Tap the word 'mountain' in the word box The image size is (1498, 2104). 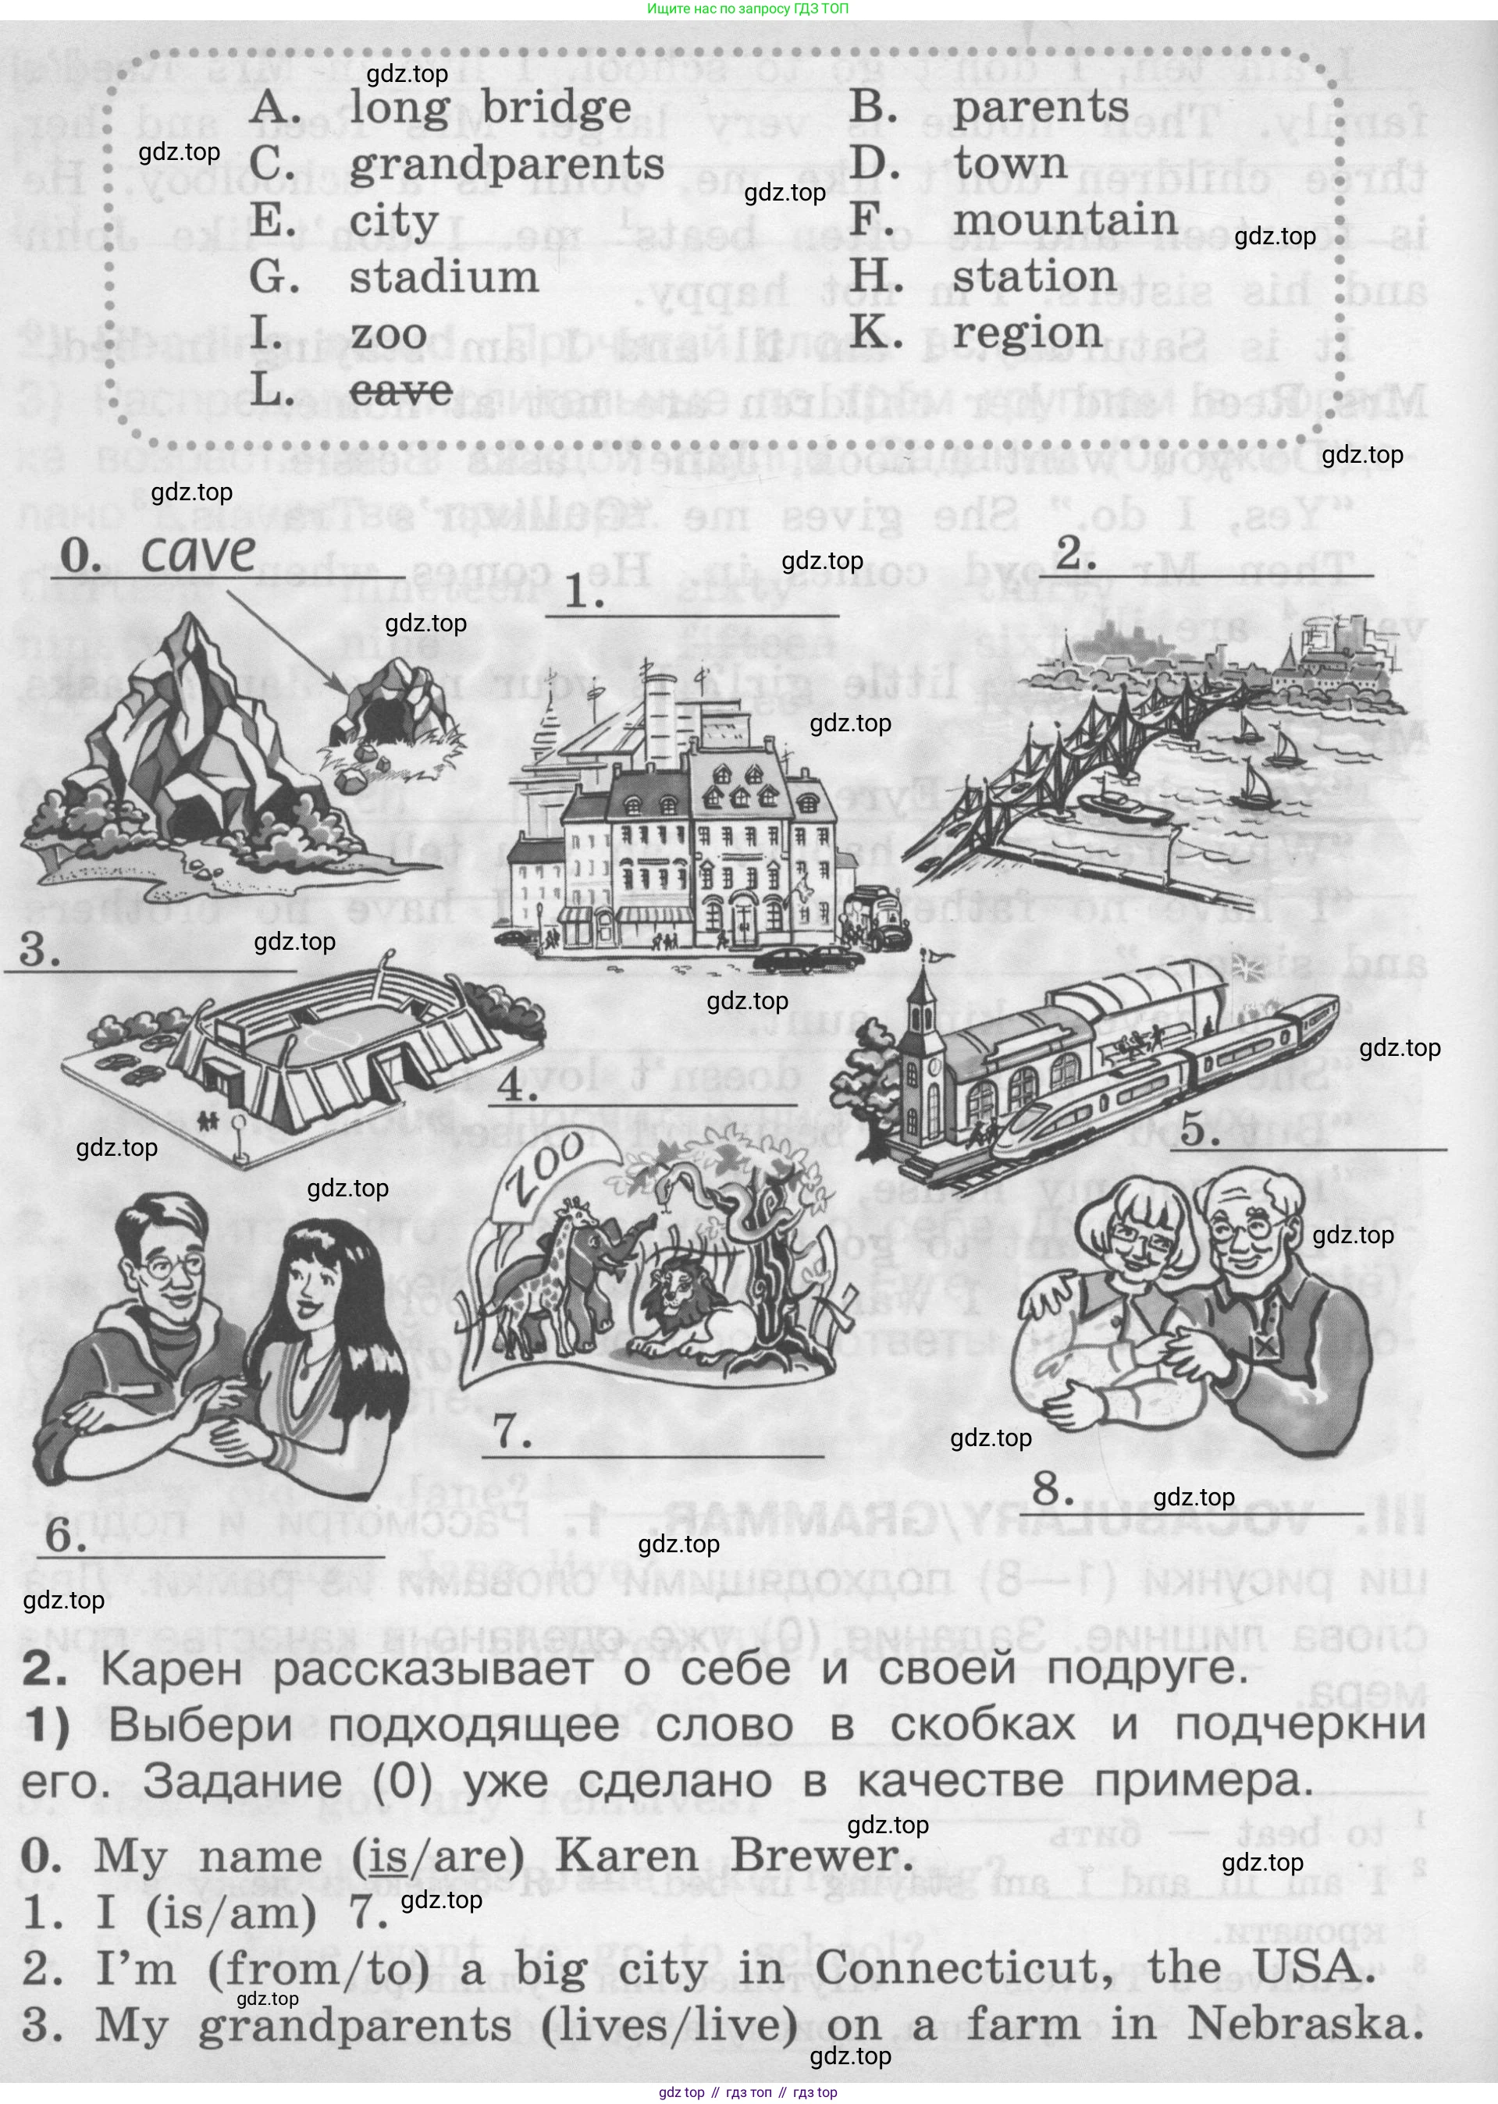coord(1065,220)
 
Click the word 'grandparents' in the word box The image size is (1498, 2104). coord(507,165)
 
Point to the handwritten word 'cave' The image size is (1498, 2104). coord(197,553)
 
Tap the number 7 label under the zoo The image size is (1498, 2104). coord(512,1432)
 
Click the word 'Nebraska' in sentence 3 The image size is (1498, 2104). coord(1304,2027)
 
